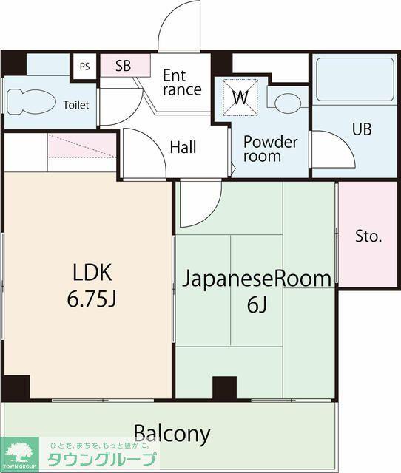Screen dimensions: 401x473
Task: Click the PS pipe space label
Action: (85, 67)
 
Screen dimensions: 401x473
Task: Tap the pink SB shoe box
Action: (125, 65)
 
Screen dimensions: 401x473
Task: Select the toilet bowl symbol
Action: (30, 102)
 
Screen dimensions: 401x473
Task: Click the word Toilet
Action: (76, 105)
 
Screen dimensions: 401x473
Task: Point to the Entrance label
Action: (182, 83)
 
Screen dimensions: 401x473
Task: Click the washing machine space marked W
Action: (240, 97)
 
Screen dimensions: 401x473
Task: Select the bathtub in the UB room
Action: (355, 80)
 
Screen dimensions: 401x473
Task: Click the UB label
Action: (362, 129)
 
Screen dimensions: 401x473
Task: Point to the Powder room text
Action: (270, 149)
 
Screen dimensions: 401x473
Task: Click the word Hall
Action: (183, 147)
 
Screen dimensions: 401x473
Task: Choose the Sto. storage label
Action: (368, 236)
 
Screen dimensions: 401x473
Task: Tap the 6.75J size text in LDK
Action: (92, 299)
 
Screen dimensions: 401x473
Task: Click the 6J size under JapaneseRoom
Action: (257, 305)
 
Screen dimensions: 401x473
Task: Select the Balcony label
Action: (172, 434)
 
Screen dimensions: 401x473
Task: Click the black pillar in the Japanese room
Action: (225, 388)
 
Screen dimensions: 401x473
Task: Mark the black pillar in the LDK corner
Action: (16, 387)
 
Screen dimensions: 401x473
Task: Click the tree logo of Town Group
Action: (20, 452)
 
